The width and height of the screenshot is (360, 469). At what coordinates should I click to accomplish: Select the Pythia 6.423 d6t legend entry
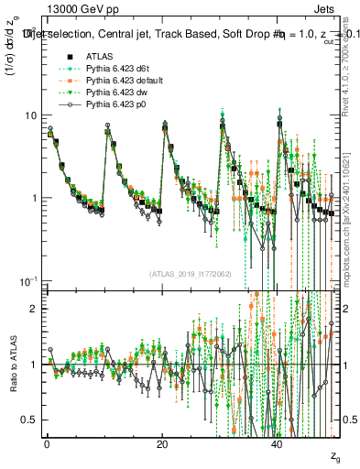tap(118, 68)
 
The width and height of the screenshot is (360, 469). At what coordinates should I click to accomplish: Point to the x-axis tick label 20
tap(162, 442)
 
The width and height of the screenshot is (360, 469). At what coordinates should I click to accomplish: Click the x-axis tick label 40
tap(278, 442)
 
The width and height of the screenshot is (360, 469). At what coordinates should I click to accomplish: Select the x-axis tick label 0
tap(47, 442)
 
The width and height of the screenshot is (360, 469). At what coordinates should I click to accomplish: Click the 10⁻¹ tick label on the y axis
tap(27, 279)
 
